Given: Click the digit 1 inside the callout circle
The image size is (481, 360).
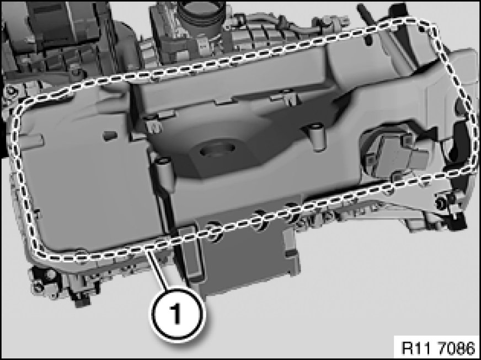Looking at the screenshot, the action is (x=175, y=313).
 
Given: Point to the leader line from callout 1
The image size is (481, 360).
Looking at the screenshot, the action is (x=157, y=268).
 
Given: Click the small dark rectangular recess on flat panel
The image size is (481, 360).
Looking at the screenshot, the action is (x=110, y=135).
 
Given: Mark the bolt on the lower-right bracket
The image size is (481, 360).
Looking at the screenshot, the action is (x=442, y=202).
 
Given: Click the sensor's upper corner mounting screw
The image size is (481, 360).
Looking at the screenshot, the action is (x=407, y=140).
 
